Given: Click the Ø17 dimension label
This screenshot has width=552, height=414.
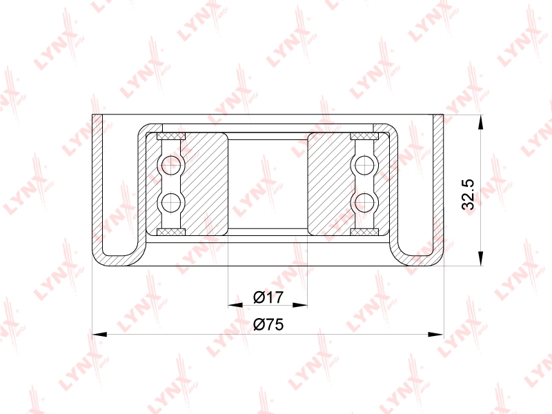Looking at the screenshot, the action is coord(268,297).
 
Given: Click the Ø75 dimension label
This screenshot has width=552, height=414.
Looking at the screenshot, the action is coord(268,324).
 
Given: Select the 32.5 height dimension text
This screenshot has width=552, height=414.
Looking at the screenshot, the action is coord(469,195).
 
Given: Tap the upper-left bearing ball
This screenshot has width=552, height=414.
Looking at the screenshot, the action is coord(170,165).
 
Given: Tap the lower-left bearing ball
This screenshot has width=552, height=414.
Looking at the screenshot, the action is coord(170,202).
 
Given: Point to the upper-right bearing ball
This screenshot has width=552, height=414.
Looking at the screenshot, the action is coord(364,165).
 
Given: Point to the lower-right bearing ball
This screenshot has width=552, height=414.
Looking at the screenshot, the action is coord(364,202).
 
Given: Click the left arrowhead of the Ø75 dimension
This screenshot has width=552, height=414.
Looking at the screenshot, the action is coord(99,334).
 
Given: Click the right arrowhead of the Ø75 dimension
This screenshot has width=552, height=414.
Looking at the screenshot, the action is coord(436,334).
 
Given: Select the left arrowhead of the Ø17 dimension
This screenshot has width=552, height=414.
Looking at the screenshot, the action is coord(235,305).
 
